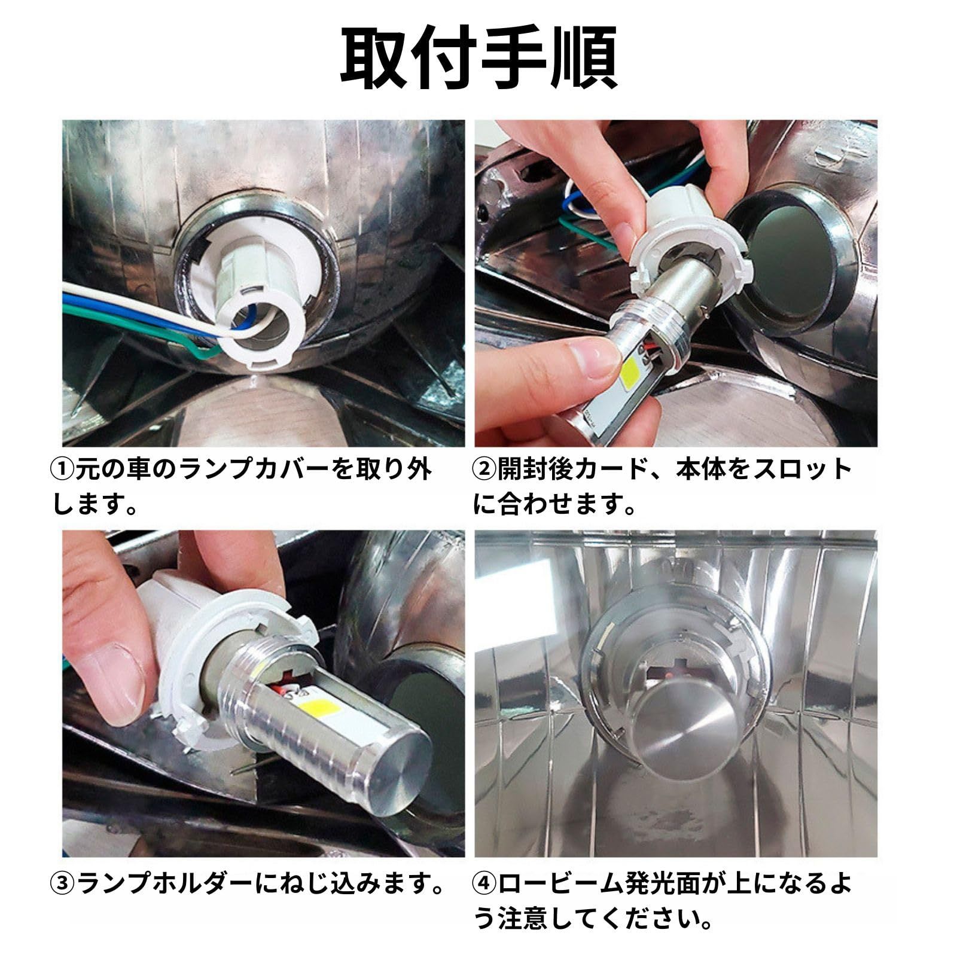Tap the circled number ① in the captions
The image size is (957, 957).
(x=63, y=470)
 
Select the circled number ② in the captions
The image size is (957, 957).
(x=485, y=470)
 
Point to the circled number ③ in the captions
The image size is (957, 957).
(x=63, y=883)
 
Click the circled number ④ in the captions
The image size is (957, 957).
(x=485, y=883)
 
